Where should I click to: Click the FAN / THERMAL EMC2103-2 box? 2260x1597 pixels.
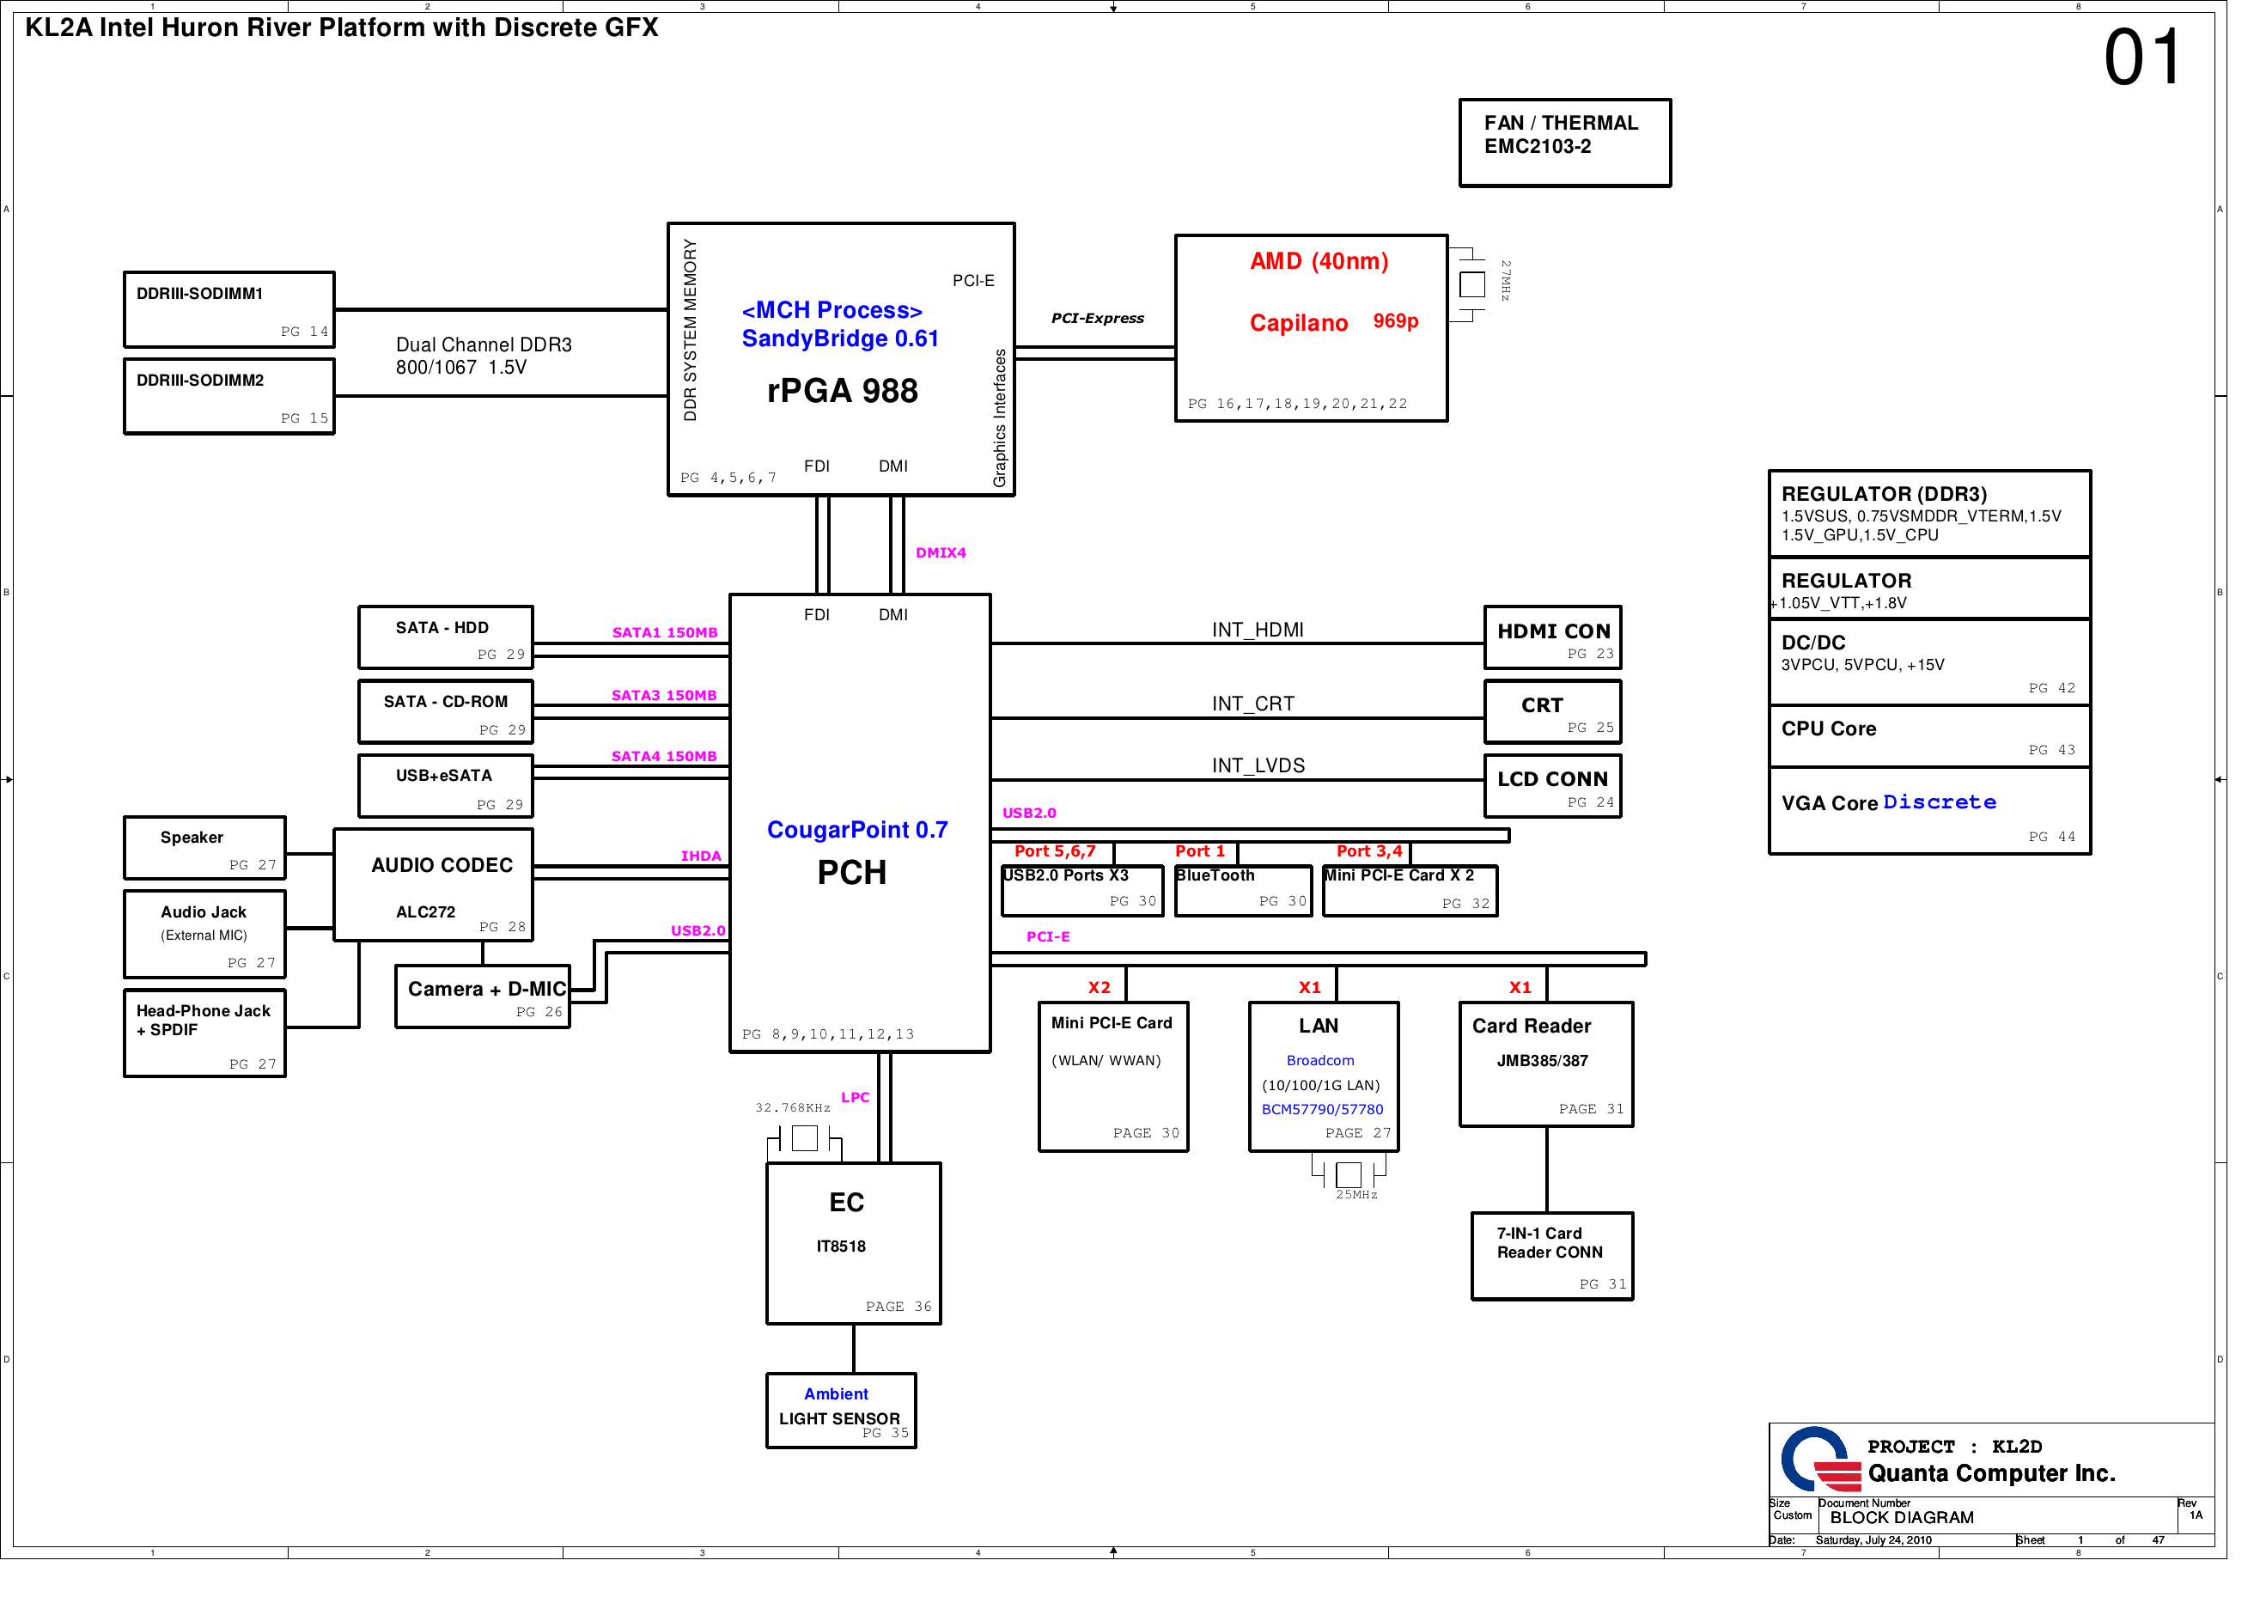click(1564, 143)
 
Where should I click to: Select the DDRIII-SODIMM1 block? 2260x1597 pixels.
click(228, 309)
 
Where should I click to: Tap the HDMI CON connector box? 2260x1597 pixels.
click(1552, 637)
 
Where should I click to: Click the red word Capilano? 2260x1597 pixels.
click(1298, 323)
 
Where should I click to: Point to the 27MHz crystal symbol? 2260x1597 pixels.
click(1471, 284)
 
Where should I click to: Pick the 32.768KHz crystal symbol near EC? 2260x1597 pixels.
click(804, 1138)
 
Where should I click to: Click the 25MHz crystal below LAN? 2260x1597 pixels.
click(1349, 1173)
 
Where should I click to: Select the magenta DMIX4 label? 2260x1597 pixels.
click(940, 553)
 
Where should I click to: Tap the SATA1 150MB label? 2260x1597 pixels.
click(664, 633)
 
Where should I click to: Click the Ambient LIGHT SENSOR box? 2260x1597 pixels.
click(841, 1410)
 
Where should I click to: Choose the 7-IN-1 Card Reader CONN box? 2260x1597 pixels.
click(1551, 1255)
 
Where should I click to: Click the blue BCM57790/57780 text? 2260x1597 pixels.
click(1322, 1110)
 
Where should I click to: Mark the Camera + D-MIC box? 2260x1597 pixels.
click(482, 997)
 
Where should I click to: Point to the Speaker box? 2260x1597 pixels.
click(204, 847)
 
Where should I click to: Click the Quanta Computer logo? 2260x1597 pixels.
click(1819, 1460)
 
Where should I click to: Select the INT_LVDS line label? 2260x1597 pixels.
click(1258, 766)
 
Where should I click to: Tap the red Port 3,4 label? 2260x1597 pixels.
click(1368, 851)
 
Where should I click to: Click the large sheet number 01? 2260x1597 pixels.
click(2141, 58)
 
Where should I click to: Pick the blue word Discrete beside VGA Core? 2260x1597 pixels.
click(1939, 802)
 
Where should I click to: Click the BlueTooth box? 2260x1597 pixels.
click(1243, 890)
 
